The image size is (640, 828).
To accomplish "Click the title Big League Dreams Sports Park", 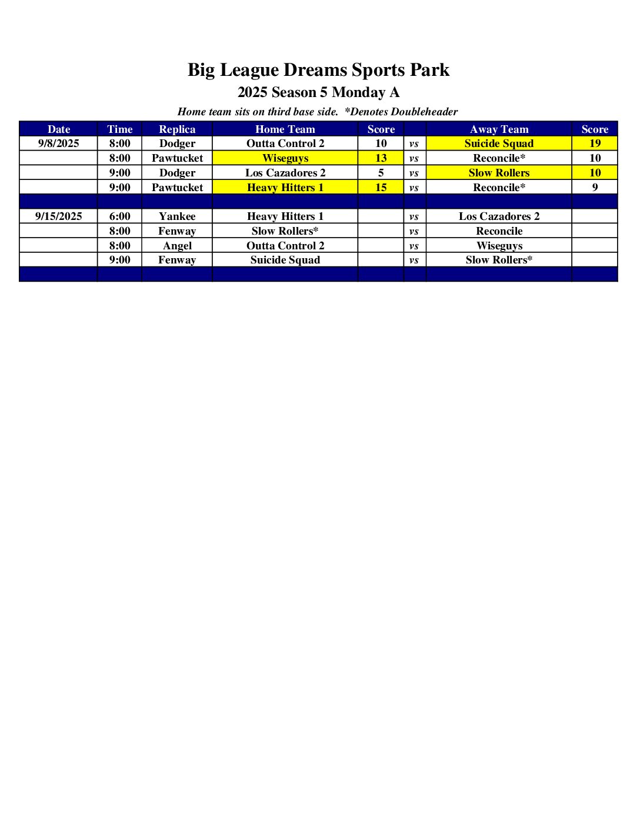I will point(318,70).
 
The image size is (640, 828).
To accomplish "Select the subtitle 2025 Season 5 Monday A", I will point(318,92).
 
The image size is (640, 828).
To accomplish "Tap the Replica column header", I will point(177,129).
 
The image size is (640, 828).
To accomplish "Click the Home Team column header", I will point(285,129).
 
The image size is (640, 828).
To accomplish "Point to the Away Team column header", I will point(499,129).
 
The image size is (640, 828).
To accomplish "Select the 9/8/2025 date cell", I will point(58,143).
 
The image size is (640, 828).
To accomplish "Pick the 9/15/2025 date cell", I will point(58,216).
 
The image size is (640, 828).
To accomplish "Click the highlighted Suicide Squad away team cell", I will point(499,143).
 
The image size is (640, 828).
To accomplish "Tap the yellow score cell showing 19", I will point(595,143).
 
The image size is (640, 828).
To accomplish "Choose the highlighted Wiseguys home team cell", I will point(285,158).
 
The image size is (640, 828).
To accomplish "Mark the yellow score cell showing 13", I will point(381,158).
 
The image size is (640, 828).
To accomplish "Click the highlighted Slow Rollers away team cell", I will point(499,173).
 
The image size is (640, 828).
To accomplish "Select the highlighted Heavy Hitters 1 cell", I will point(285,188).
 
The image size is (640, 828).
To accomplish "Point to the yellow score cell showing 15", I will point(381,188).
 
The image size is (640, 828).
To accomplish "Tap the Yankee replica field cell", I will point(177,216).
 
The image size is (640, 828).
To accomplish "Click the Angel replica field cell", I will point(177,246).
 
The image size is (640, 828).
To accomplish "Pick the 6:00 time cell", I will point(119,216).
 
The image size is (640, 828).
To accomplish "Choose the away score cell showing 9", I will point(595,188).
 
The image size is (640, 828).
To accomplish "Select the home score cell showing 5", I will point(381,173).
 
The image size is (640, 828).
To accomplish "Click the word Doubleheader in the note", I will point(424,112).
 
